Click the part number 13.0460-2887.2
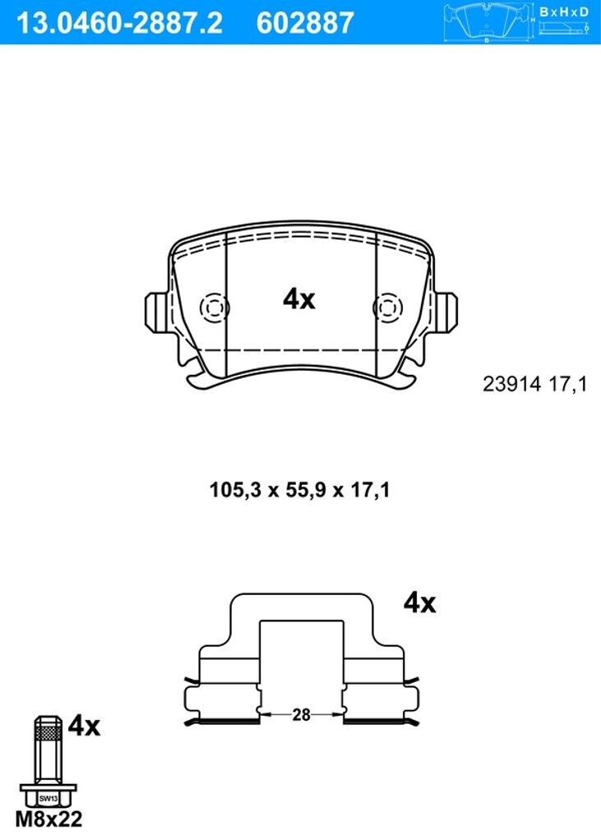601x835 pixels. coord(120,23)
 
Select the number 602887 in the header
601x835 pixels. coord(305,23)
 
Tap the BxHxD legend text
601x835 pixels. coord(564,12)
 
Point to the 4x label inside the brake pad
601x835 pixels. coord(299,299)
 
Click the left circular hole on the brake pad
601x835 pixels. coord(215,308)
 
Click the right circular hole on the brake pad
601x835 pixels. coord(388,308)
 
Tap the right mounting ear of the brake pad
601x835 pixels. coord(446,312)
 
